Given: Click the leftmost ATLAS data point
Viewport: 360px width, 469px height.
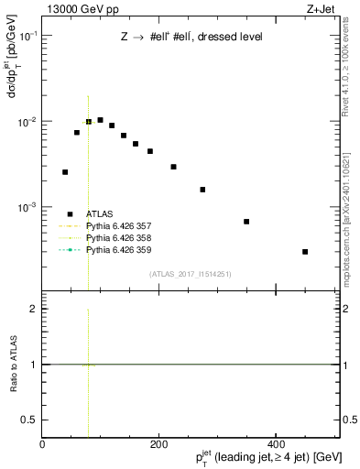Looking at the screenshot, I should click(65, 172).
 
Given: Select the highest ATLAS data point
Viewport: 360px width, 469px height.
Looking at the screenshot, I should click(100, 120).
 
